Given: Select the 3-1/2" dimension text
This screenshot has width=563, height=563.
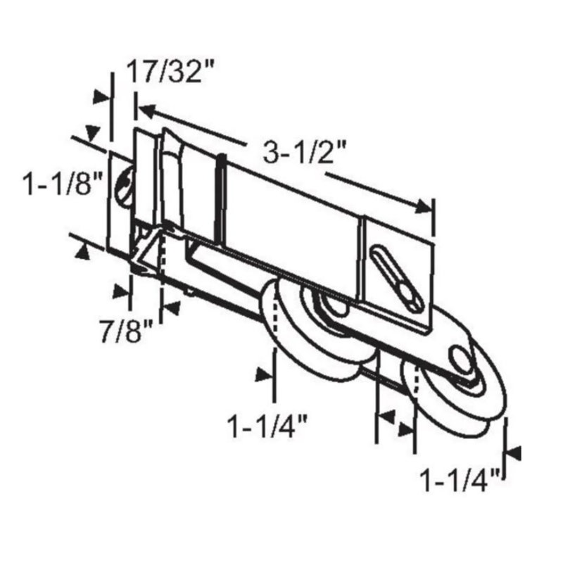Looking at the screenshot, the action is pos(305,152).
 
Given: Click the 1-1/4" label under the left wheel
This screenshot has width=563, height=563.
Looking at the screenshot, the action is pos(267,426).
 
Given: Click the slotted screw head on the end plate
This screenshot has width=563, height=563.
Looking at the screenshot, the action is pos(125,186).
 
